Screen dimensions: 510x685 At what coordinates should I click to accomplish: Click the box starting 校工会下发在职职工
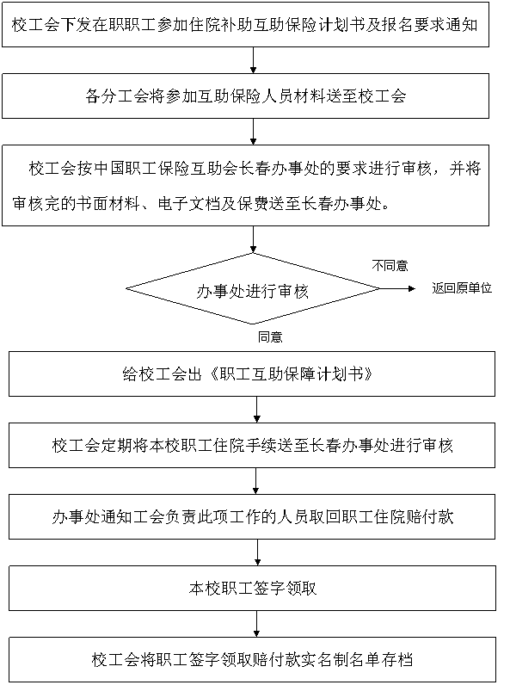(x=245, y=24)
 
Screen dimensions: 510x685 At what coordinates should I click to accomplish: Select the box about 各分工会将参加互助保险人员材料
(x=245, y=96)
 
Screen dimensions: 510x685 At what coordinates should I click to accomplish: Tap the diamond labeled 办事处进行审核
(x=253, y=289)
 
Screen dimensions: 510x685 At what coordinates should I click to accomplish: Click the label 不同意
(x=390, y=266)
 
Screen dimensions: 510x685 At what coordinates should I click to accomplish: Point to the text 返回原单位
(x=462, y=288)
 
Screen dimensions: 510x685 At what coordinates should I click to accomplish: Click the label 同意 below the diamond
(x=270, y=336)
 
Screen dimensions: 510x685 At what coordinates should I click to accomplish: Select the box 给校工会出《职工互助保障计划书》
(x=252, y=374)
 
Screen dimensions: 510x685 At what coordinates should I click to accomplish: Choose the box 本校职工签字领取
(x=252, y=588)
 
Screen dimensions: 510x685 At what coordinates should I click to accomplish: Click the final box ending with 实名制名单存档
(x=252, y=659)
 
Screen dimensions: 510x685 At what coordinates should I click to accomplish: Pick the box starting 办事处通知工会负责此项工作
(x=252, y=517)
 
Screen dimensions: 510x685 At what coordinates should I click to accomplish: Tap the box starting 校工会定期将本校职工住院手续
(x=252, y=445)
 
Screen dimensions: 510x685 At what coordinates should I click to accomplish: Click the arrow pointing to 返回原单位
(x=397, y=288)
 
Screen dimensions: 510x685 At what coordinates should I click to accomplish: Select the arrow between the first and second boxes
(x=253, y=60)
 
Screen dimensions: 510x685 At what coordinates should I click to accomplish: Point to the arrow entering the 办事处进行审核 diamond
(x=253, y=239)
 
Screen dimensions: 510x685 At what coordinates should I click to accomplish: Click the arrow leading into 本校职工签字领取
(x=258, y=552)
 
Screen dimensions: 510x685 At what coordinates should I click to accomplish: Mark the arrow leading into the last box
(x=257, y=624)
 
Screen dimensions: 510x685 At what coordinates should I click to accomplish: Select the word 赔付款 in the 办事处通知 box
(x=430, y=517)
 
